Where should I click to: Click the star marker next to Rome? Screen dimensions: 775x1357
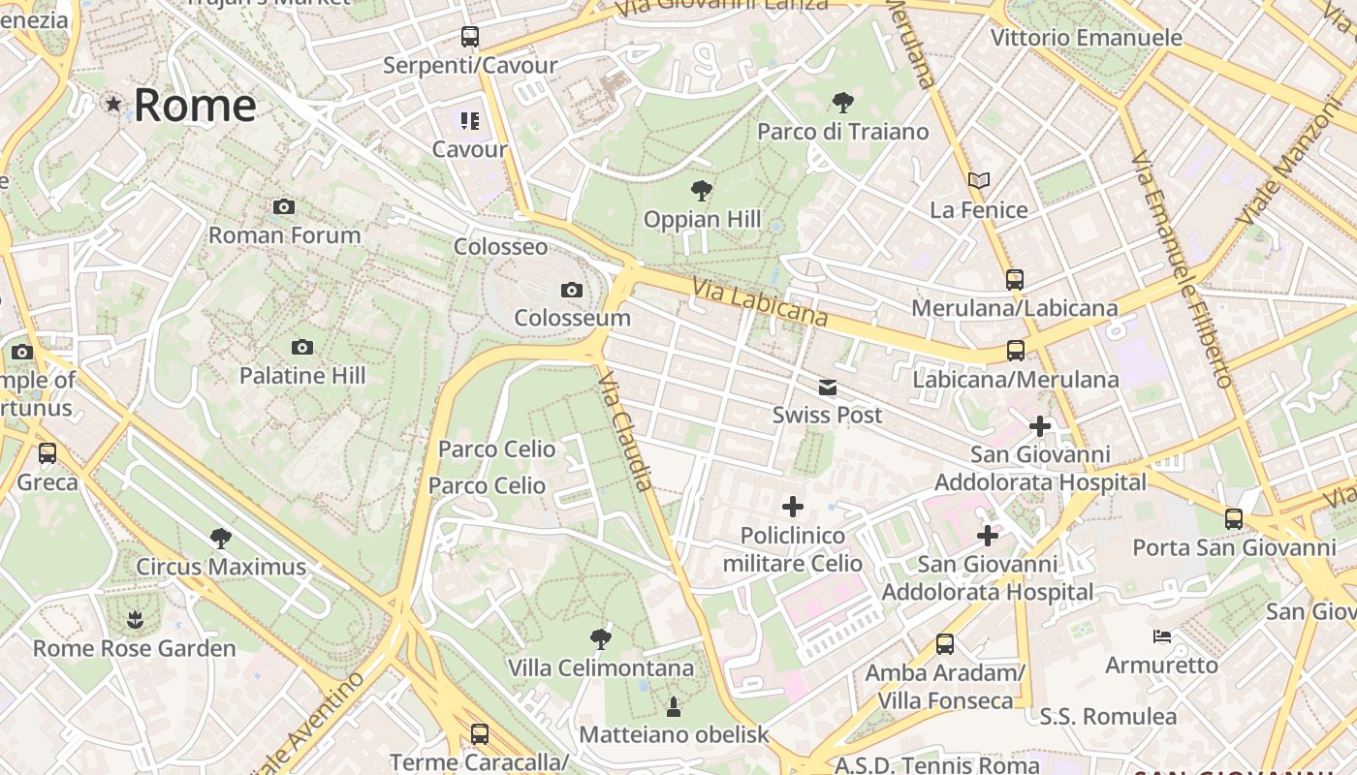coord(114,104)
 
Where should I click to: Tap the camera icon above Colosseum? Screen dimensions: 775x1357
coord(572,290)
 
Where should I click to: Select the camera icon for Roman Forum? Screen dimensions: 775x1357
coord(284,206)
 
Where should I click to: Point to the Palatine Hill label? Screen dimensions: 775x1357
coord(302,376)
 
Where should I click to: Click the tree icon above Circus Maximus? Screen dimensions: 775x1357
coord(221,538)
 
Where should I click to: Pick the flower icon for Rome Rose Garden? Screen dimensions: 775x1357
coord(135,619)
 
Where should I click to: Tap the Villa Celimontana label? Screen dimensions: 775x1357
coord(601,667)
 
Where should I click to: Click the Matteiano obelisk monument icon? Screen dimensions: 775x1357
coord(674,707)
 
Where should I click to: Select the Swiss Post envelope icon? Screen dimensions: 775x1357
coord(828,387)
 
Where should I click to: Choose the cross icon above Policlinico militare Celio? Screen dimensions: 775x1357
coord(793,507)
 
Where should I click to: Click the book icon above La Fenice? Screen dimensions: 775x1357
coord(979,180)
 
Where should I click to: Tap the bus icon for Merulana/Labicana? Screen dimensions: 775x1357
coord(1015,280)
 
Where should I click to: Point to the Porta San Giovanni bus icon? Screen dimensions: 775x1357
coord(1234,519)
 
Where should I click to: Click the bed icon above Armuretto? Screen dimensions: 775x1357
coord(1162,636)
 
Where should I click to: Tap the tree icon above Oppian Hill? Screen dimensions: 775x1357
coord(702,191)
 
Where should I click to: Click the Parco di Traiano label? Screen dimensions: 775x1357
coord(842,132)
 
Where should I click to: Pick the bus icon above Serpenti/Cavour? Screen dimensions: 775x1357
coord(470,38)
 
